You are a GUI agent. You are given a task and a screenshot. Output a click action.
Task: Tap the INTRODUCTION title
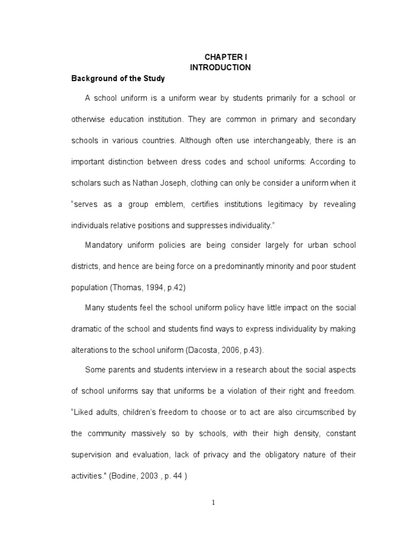point(220,67)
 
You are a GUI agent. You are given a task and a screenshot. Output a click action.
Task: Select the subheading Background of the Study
point(118,78)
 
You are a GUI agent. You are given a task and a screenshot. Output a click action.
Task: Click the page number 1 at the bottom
point(214,503)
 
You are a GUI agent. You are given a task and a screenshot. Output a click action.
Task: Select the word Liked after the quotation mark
point(86,412)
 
